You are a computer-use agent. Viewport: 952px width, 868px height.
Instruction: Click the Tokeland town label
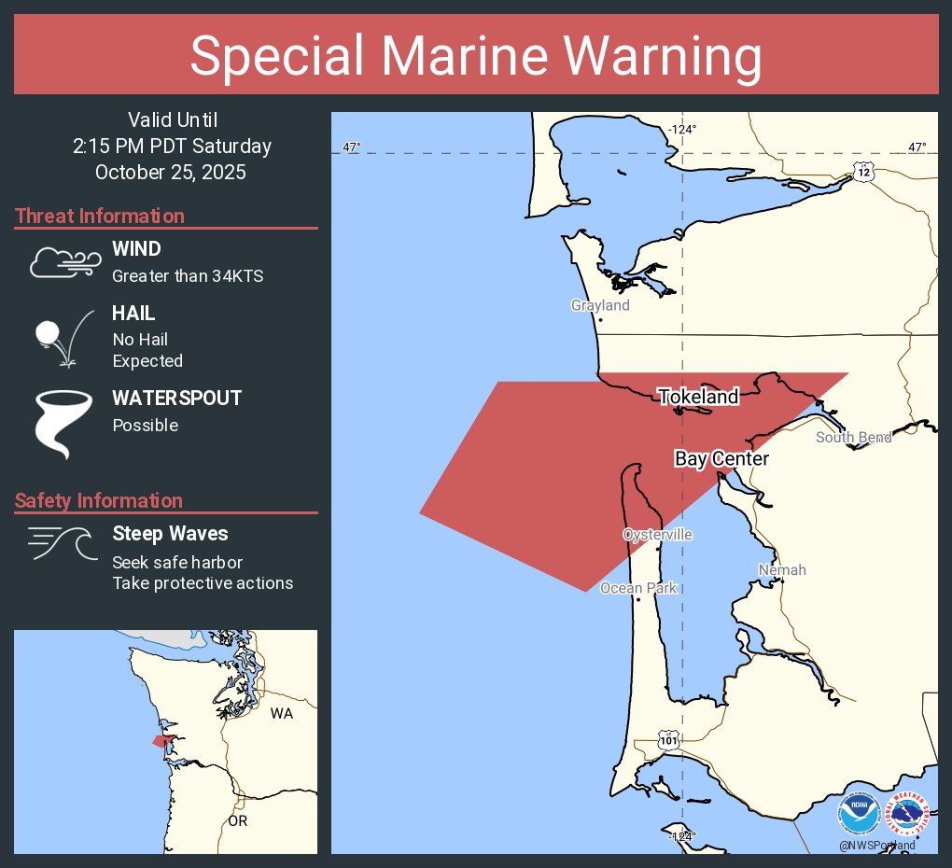click(698, 397)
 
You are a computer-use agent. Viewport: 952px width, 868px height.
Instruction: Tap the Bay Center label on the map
click(721, 458)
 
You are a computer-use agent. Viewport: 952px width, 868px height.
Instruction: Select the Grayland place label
click(600, 305)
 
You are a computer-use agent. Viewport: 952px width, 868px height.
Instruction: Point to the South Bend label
click(853, 437)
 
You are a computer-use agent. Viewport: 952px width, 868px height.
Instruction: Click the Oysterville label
click(658, 535)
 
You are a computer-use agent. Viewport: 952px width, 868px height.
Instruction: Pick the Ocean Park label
click(637, 588)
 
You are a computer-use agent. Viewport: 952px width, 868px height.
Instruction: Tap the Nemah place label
click(781, 569)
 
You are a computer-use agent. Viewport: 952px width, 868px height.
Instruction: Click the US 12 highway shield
click(863, 171)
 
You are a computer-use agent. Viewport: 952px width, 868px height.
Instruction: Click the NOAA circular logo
click(859, 814)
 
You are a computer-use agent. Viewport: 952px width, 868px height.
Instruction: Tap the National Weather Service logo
click(909, 814)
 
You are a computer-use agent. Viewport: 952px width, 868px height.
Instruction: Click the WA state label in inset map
click(281, 714)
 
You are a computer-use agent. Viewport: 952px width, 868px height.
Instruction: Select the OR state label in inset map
click(238, 821)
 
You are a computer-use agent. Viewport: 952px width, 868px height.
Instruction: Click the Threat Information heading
click(100, 216)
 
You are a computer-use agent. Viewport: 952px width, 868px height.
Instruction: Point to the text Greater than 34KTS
click(188, 275)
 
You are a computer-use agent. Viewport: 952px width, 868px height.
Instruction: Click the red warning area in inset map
click(163, 740)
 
